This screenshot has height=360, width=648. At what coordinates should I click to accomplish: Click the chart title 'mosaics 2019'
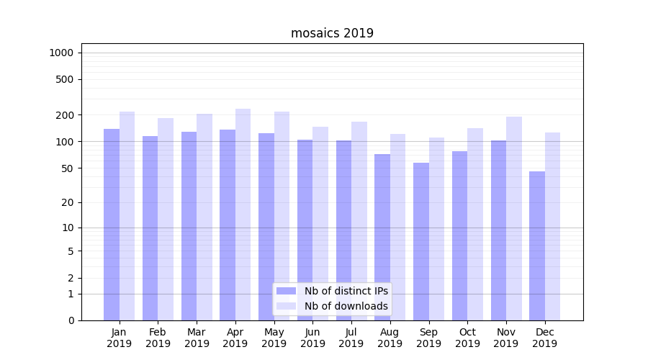[332, 33]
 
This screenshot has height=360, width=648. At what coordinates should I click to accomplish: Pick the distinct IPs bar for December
[537, 246]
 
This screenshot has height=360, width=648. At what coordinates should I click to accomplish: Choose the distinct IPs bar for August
[382, 237]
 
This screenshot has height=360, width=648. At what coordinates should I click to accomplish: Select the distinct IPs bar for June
[305, 230]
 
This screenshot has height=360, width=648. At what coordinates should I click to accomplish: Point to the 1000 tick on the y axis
[61, 53]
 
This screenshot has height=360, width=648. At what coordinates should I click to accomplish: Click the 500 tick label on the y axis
[66, 79]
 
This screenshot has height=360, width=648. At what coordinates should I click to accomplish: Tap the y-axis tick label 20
[68, 202]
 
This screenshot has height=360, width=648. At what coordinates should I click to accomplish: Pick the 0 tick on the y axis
[71, 320]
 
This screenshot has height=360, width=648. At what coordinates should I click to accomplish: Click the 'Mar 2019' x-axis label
[197, 338]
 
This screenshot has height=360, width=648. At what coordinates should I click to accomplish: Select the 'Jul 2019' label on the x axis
[351, 338]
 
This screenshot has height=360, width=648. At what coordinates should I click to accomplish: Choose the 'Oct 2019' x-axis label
[467, 338]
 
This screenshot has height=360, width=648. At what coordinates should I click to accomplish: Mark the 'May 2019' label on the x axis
[274, 338]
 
